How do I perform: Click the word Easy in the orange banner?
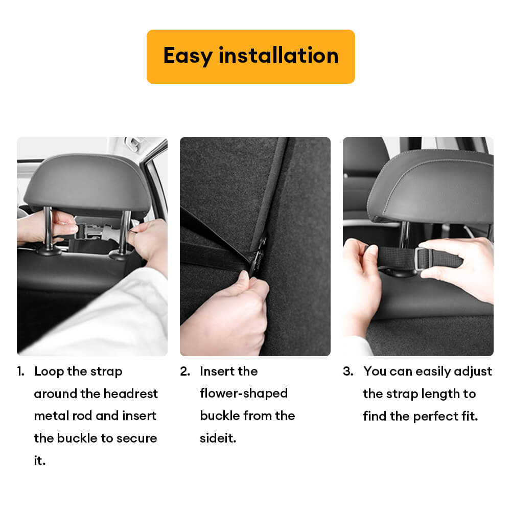click(x=188, y=56)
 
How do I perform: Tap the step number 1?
click(x=20, y=371)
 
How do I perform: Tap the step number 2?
click(x=185, y=371)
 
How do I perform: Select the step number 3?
click(x=348, y=371)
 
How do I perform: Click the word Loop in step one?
click(x=49, y=372)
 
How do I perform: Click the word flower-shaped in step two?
click(x=244, y=393)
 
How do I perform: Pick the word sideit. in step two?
click(x=218, y=438)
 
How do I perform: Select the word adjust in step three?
click(x=473, y=372)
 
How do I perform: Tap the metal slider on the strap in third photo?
click(x=422, y=259)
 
